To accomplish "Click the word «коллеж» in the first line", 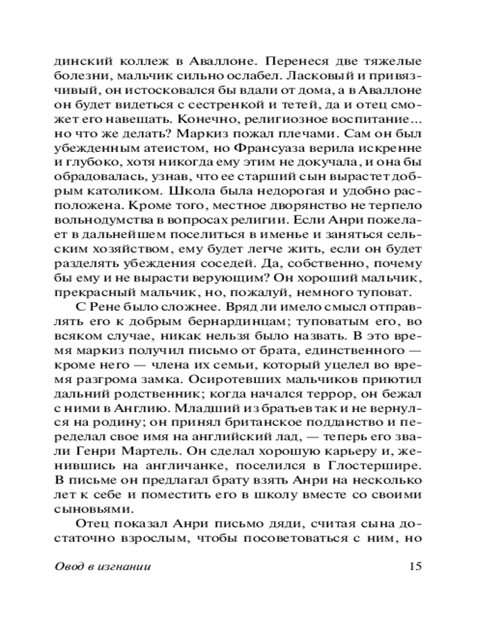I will (134, 63).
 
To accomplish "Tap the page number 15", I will (415, 567).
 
